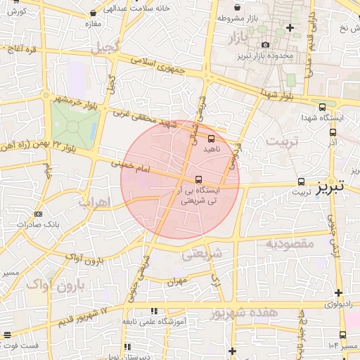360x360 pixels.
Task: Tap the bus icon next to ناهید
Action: click(212, 138)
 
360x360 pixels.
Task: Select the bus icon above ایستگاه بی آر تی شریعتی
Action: click(199, 179)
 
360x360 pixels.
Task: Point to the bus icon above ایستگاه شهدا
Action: click(322, 108)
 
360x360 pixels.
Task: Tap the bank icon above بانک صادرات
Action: click(38, 214)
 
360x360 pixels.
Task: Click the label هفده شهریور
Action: click(267, 311)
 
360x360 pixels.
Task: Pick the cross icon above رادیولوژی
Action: click(339, 292)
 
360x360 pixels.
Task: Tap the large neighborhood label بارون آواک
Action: click(56, 285)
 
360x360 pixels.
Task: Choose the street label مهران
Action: click(175, 281)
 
